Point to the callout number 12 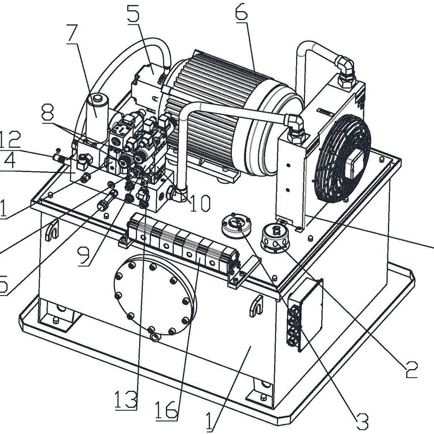[x=11, y=139]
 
